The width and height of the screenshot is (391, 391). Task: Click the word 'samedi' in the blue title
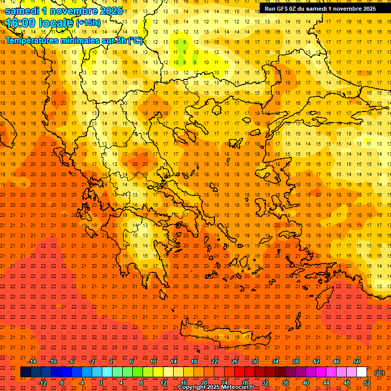point(23,11)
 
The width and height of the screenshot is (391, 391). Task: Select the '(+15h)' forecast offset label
point(88,23)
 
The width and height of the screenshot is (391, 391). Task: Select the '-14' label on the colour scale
point(32,361)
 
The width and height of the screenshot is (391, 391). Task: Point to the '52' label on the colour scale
point(367,383)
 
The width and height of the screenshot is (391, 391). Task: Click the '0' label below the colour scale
point(101,383)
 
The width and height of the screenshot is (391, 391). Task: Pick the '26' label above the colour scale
point(235,361)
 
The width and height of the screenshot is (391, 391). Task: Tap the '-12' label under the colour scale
point(42,383)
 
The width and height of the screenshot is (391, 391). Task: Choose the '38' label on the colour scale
point(296,361)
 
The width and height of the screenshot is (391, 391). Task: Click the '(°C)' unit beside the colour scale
point(379,373)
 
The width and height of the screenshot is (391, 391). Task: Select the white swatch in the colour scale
point(362,372)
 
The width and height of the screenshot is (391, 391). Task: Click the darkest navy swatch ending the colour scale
point(25,372)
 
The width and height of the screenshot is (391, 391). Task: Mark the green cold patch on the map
point(181,47)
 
